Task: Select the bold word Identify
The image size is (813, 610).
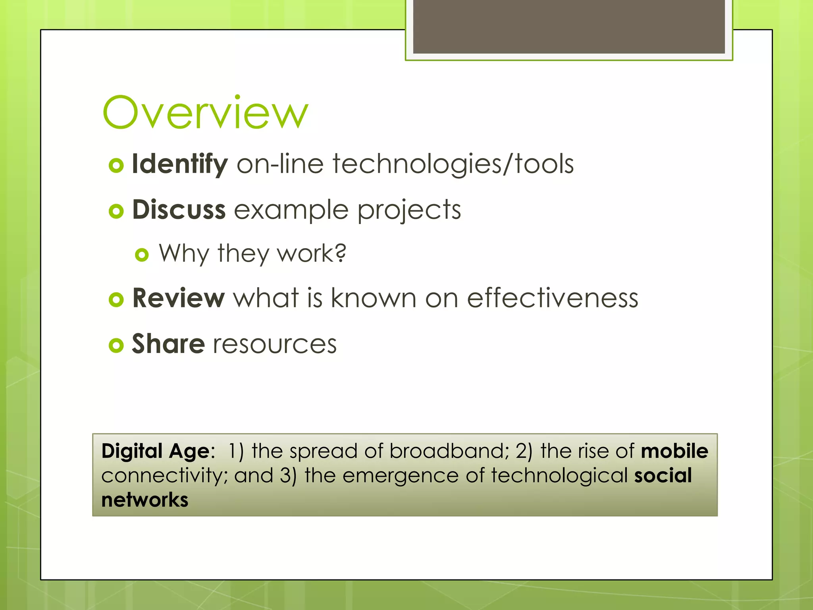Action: (179, 164)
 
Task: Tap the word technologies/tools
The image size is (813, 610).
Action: (453, 164)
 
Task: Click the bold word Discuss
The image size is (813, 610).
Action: (179, 210)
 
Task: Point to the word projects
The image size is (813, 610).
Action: (409, 210)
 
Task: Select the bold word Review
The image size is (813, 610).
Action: (179, 298)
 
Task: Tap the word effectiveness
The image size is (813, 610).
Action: (552, 298)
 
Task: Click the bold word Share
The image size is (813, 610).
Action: (168, 344)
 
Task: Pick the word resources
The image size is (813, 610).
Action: (275, 344)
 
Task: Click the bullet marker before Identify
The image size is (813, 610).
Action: (116, 165)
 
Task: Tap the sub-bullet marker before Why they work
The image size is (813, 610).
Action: (142, 255)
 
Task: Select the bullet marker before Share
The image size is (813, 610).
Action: (116, 345)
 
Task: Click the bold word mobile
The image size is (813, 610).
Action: (674, 451)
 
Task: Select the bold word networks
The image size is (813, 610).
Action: (144, 500)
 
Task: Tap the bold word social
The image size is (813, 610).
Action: (663, 475)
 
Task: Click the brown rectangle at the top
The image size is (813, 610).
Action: (568, 26)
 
